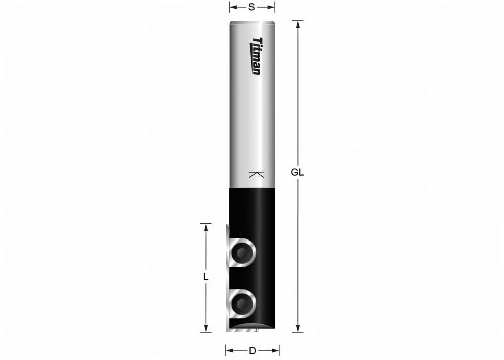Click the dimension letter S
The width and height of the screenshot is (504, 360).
click(x=252, y=7)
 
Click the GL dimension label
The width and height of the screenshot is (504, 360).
click(x=297, y=172)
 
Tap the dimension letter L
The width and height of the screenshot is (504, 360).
click(x=206, y=277)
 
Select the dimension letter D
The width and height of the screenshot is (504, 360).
click(x=252, y=350)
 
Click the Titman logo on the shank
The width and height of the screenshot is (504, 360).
click(x=257, y=56)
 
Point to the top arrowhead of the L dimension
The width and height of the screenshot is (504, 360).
click(x=206, y=227)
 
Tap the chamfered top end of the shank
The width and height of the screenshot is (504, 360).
click(x=252, y=22)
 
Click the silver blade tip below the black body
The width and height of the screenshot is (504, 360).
click(x=242, y=330)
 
